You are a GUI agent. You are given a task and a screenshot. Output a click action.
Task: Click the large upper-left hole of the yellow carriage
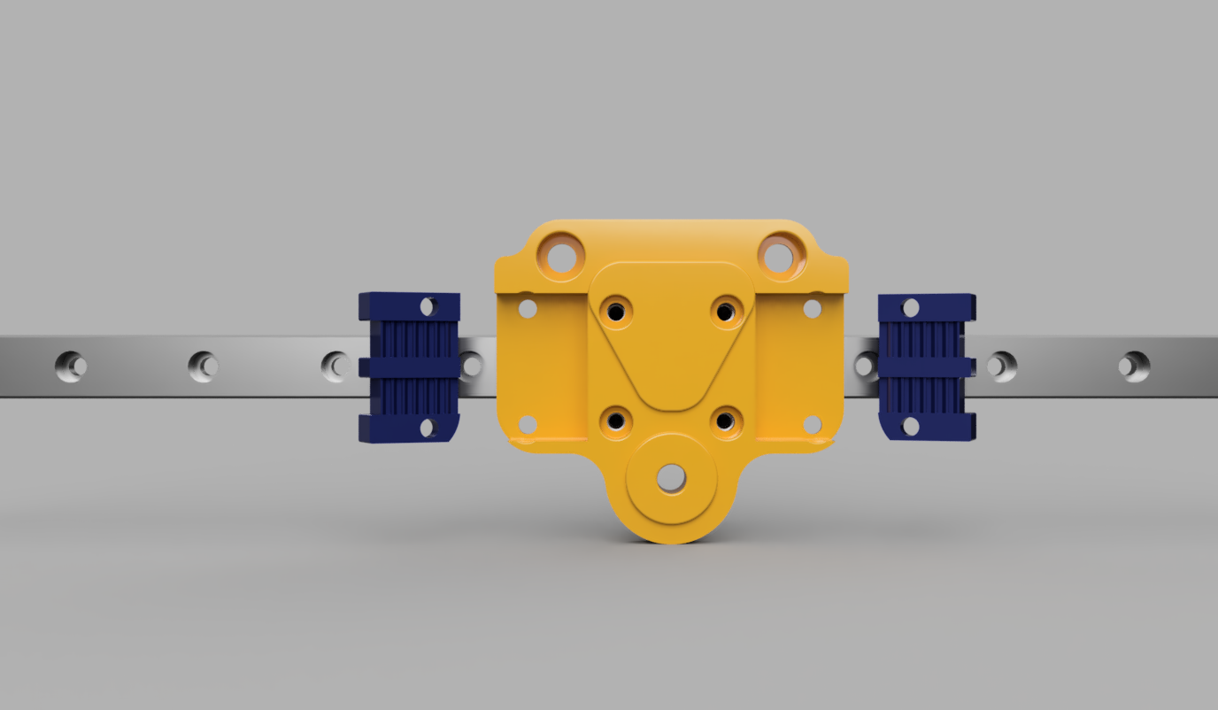pyautogui.click(x=561, y=258)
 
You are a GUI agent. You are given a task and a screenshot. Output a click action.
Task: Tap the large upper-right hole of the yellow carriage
pyautogui.click(x=778, y=258)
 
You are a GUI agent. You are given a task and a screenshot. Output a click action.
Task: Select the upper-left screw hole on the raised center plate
pyautogui.click(x=616, y=312)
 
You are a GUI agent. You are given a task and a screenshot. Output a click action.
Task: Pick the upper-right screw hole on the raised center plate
pyautogui.click(x=725, y=312)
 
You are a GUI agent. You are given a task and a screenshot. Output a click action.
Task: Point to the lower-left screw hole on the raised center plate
pyautogui.click(x=616, y=422)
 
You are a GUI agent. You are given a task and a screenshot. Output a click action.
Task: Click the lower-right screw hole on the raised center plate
pyautogui.click(x=725, y=422)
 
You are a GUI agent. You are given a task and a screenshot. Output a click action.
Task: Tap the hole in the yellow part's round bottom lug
pyautogui.click(x=670, y=478)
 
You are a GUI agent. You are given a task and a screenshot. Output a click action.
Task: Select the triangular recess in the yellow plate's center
pyautogui.click(x=671, y=354)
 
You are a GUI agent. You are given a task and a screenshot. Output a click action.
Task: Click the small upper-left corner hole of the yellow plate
pyautogui.click(x=528, y=309)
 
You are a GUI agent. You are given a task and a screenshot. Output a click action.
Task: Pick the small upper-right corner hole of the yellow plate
pyautogui.click(x=813, y=309)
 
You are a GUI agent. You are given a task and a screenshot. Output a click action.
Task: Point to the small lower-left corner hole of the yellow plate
pyautogui.click(x=528, y=425)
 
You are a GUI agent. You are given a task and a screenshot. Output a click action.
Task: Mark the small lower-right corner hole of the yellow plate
pyautogui.click(x=813, y=425)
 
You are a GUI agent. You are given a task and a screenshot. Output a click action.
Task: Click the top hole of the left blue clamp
pyautogui.click(x=428, y=307)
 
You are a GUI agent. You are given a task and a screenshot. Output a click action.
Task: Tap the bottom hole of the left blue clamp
pyautogui.click(x=428, y=428)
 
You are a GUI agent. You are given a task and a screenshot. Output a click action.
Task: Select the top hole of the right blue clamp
pyautogui.click(x=910, y=308)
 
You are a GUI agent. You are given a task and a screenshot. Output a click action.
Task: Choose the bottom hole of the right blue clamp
pyautogui.click(x=910, y=428)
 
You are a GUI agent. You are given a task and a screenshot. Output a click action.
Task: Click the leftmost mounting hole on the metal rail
pyautogui.click(x=71, y=366)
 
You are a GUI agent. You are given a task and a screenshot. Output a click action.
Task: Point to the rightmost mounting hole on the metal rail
pyautogui.click(x=1133, y=366)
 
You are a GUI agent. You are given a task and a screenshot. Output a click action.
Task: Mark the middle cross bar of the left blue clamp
pyautogui.click(x=409, y=367)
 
